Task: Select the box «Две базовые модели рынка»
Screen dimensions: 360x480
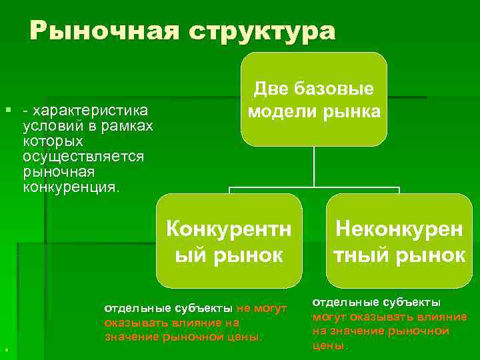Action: click(x=314, y=100)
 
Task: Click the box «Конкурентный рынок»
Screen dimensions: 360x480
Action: click(x=229, y=241)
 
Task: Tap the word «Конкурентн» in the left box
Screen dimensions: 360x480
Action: click(x=229, y=229)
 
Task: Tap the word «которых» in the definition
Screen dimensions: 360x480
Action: click(x=53, y=141)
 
